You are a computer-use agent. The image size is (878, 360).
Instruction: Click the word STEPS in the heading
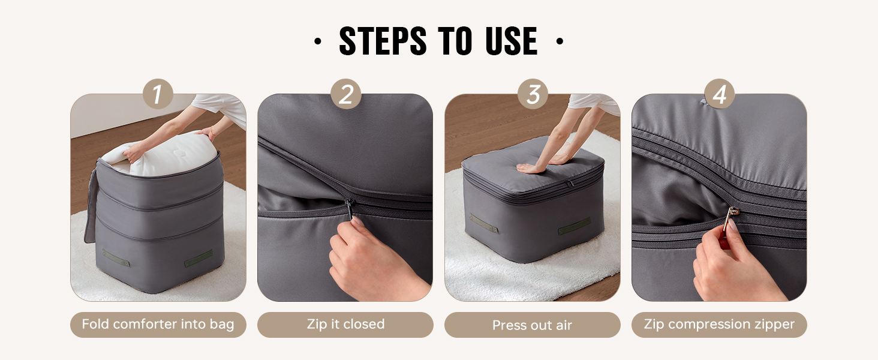coord(383,41)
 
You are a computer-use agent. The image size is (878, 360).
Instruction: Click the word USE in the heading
coord(511,41)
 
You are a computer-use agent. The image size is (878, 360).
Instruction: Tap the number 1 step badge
coord(158,94)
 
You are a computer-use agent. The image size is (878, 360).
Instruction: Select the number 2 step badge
coord(345,94)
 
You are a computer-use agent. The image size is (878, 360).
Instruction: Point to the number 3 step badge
coord(533,94)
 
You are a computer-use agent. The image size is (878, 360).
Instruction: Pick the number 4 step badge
coord(719,94)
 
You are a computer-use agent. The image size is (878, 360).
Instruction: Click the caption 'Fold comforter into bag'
coord(158,325)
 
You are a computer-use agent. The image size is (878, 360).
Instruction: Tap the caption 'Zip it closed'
coord(345,325)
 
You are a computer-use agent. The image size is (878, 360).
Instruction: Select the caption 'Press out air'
coord(533,325)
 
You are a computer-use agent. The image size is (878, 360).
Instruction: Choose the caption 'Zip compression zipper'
coord(719,325)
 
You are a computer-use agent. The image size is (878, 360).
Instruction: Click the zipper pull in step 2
coord(349,209)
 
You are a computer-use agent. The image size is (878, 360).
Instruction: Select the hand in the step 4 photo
coord(737,266)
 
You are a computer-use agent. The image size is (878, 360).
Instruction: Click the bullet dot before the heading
coord(318,41)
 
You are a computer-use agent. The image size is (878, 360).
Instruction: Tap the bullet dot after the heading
coord(560,41)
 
